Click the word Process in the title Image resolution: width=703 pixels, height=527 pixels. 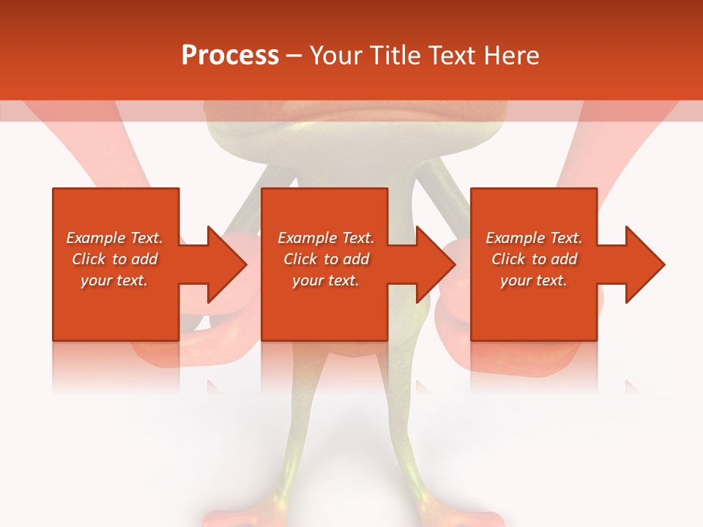(230, 56)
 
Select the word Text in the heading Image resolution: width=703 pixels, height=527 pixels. (453, 56)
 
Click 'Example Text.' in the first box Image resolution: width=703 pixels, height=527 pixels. (114, 238)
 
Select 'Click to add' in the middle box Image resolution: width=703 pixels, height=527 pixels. (326, 259)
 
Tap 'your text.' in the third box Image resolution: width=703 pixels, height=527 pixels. (534, 280)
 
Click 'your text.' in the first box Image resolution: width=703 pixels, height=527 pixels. (114, 280)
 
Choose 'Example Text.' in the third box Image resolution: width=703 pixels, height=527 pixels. (534, 238)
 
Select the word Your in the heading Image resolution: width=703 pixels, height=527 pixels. (336, 56)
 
